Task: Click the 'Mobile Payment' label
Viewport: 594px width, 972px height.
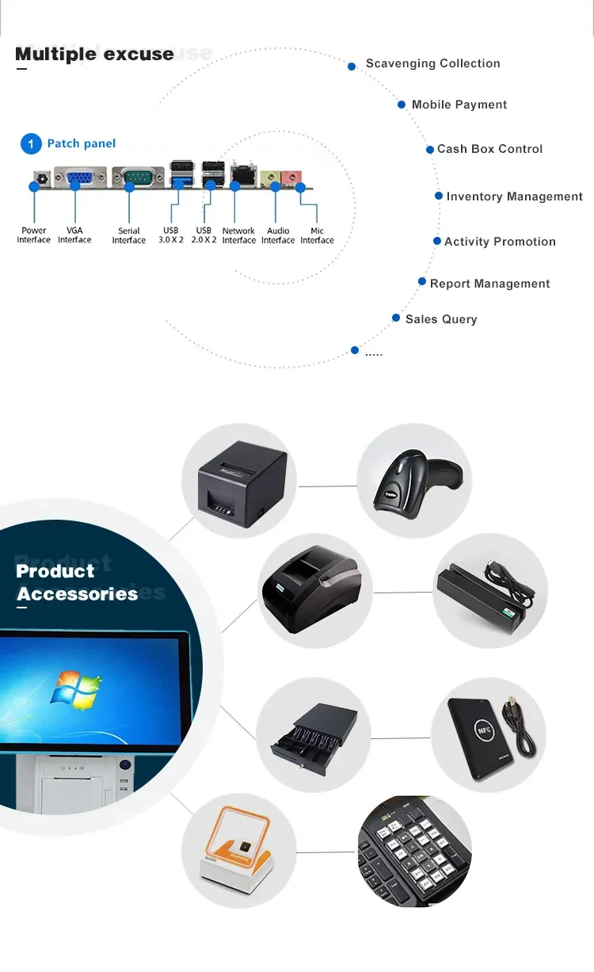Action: click(459, 105)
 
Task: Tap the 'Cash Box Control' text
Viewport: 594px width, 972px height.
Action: click(489, 149)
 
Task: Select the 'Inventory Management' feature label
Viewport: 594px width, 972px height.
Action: click(514, 196)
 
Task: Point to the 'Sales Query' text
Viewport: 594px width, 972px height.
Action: click(441, 319)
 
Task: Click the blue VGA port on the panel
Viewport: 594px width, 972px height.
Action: click(80, 177)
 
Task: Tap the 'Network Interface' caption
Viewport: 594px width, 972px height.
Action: click(238, 235)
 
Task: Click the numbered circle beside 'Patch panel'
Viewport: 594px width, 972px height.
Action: click(30, 143)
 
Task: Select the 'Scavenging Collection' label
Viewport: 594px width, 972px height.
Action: click(432, 63)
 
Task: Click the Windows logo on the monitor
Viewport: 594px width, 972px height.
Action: click(76, 688)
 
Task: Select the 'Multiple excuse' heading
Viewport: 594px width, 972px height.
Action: click(94, 54)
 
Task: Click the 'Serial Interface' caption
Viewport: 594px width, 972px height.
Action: click(128, 235)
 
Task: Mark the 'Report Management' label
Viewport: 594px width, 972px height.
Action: click(489, 284)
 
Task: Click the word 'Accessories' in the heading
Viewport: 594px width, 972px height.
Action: click(78, 594)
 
